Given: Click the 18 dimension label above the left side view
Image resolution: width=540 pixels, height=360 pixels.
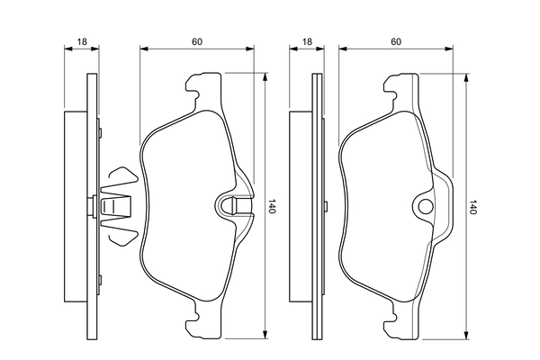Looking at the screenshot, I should tap(82, 41).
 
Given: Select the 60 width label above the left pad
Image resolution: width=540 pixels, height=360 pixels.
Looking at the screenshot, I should tap(196, 41).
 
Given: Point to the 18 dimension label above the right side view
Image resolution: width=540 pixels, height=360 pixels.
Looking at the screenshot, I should tap(307, 41).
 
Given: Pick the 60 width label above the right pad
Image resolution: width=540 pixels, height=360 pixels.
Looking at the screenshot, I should tap(395, 41).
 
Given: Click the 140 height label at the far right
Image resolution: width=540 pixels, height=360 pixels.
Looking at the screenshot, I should tap(473, 207).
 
